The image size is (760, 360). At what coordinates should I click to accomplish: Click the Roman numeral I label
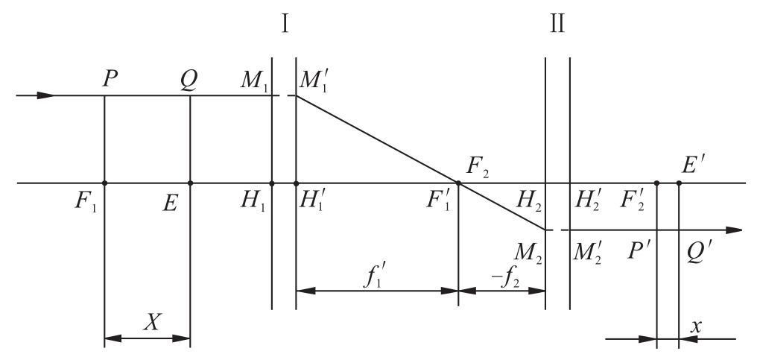285,23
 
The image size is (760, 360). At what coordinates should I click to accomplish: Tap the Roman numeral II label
557,23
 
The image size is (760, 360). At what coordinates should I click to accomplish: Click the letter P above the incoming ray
111,78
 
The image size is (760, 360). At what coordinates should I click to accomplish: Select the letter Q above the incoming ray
189,80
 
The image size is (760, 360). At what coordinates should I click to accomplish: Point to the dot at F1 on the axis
105,183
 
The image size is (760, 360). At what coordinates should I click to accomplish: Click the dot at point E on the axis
190,183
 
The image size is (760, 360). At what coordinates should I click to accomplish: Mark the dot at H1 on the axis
271,183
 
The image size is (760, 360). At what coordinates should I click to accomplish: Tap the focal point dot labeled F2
458,183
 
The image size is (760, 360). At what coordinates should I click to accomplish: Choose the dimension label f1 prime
374,278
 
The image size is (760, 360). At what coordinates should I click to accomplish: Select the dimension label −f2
505,280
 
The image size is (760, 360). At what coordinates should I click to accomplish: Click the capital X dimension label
152,321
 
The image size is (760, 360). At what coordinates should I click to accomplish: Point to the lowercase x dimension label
696,326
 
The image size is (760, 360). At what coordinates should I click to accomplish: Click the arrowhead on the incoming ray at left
46,95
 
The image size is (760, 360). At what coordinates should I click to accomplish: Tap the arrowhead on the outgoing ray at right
733,230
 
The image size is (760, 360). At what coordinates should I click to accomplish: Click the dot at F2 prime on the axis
656,183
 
